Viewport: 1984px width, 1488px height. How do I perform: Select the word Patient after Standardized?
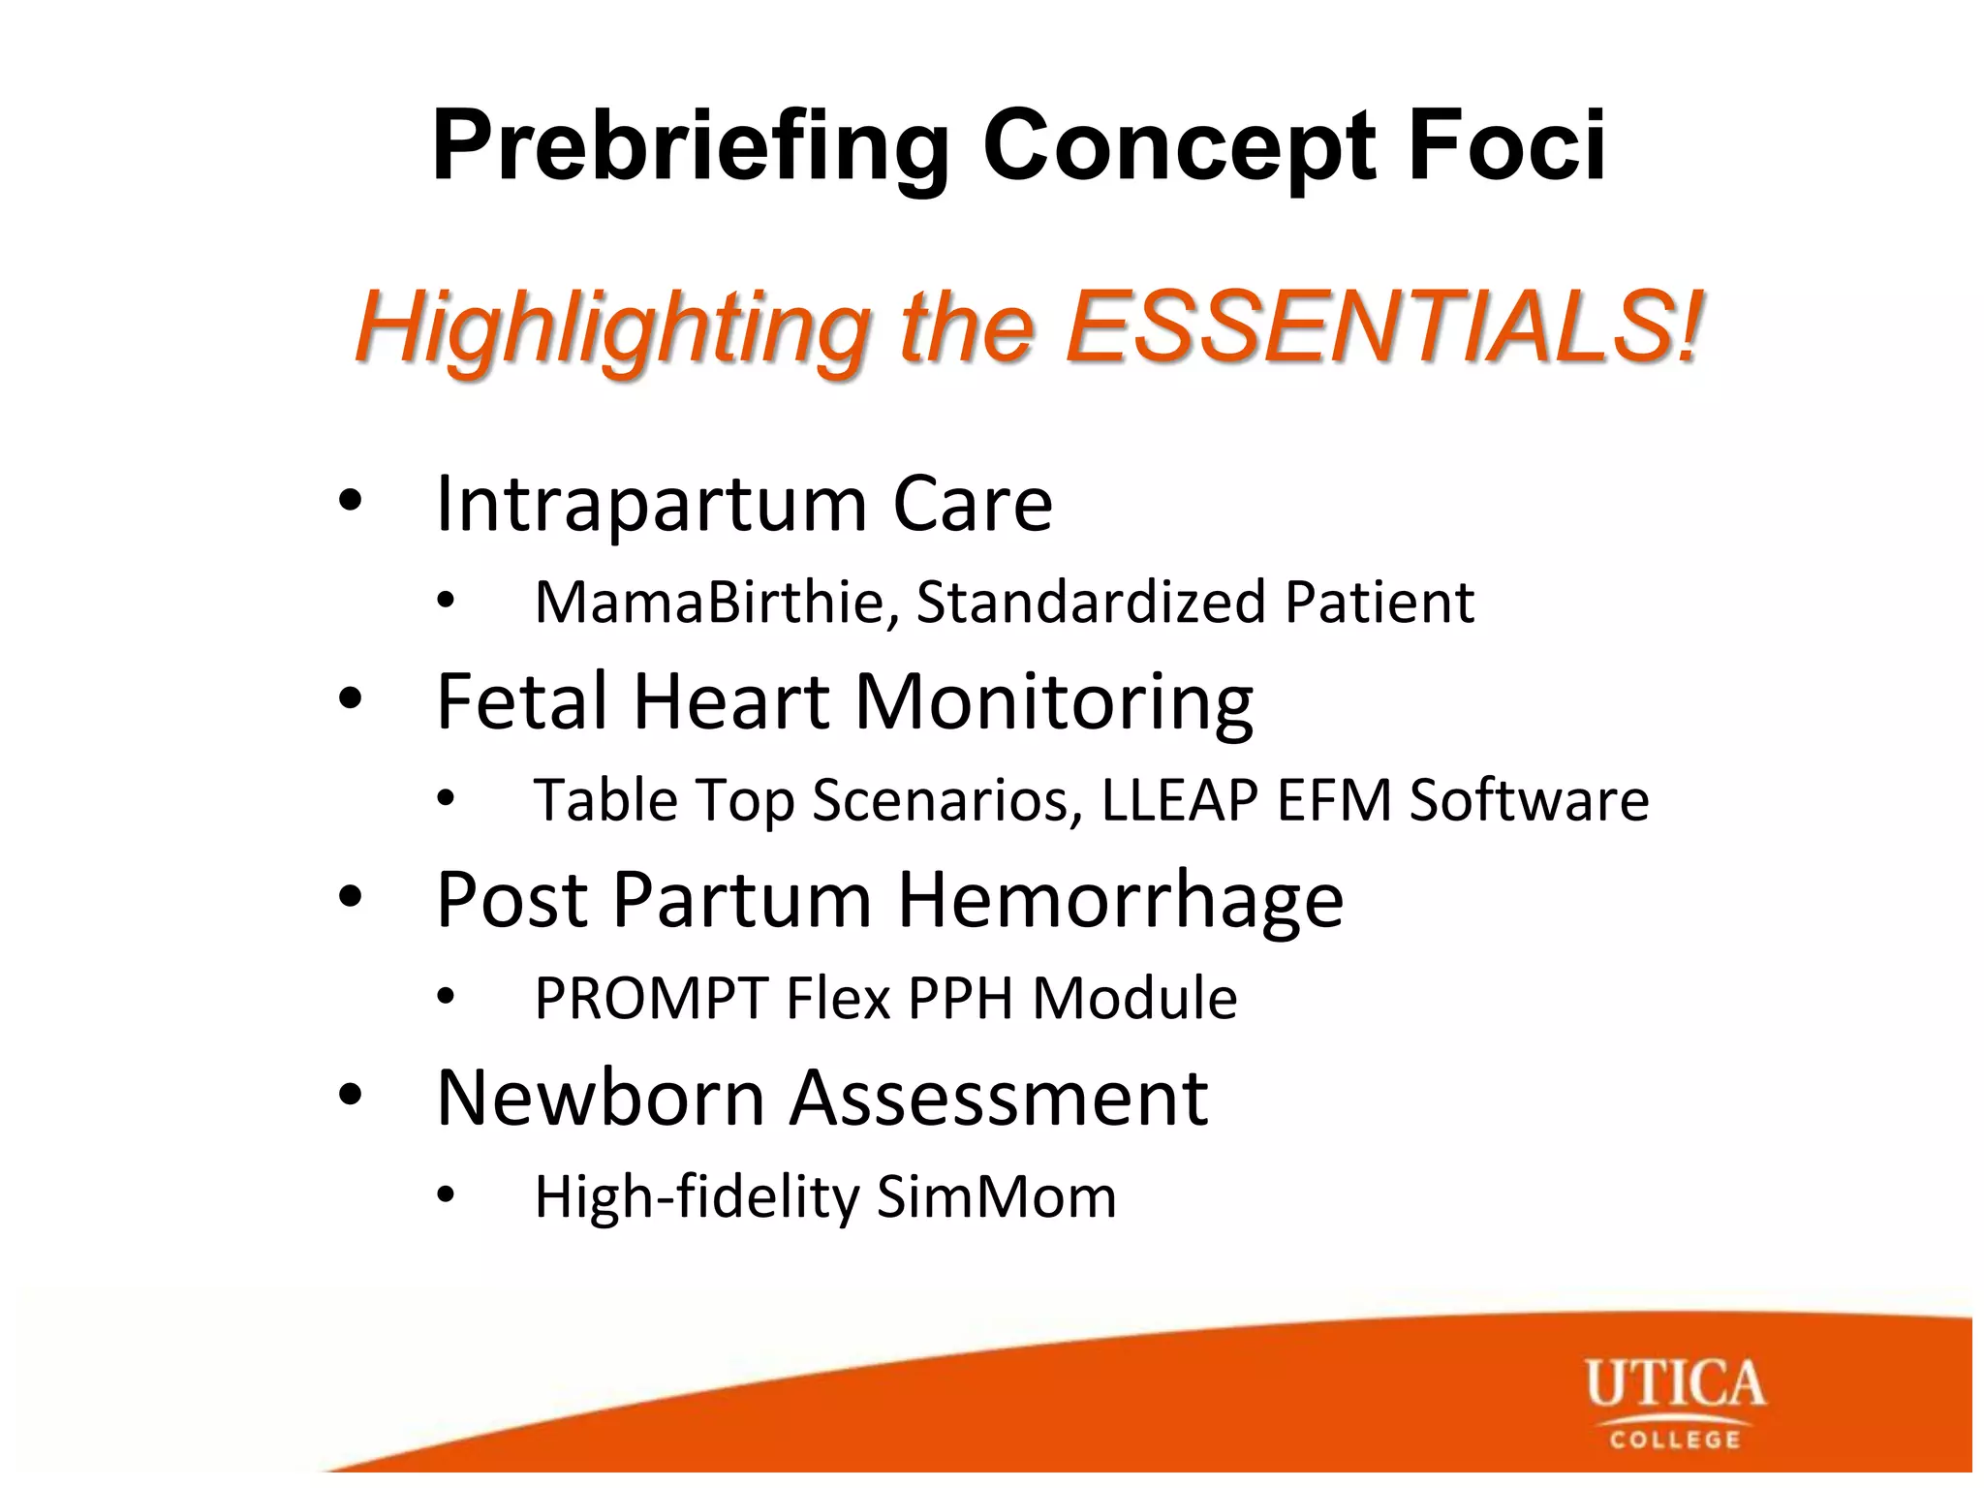[x=1379, y=602]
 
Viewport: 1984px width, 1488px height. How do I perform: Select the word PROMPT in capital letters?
[x=651, y=999]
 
